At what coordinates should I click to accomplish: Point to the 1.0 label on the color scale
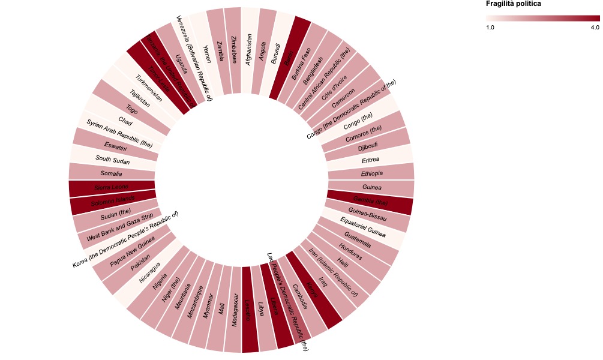[490, 28]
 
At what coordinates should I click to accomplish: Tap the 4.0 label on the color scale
[595, 28]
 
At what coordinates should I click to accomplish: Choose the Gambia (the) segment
[369, 202]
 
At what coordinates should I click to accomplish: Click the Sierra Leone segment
[112, 188]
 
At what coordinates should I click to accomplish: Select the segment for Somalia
[112, 173]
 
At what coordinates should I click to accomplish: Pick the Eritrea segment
[370, 160]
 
